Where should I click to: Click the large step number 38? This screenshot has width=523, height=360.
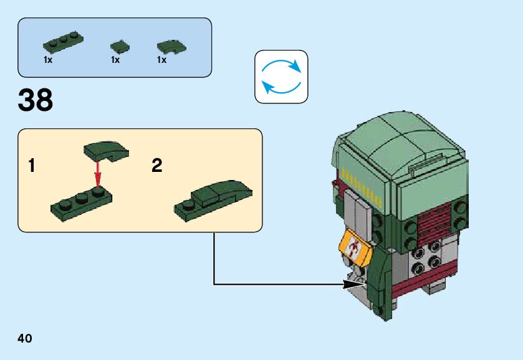tap(36, 100)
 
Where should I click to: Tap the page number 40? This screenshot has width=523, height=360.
tap(25, 339)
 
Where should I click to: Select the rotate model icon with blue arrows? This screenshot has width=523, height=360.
tap(281, 77)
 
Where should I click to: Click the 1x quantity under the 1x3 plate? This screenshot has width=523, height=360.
tap(48, 60)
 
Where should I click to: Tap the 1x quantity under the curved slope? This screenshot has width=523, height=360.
tap(162, 60)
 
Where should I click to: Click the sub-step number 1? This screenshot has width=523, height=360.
tap(32, 166)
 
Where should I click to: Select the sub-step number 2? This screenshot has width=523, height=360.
tap(157, 166)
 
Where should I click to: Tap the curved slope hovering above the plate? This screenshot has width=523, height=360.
tap(105, 150)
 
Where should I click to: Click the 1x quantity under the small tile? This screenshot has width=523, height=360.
tap(115, 60)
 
